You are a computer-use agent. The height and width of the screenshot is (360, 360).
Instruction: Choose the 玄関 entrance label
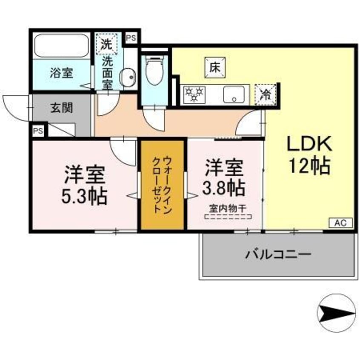[x=62, y=108]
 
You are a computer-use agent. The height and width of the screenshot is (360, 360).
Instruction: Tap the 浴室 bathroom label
[x=61, y=72]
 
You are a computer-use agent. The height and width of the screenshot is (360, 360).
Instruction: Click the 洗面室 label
[x=107, y=72]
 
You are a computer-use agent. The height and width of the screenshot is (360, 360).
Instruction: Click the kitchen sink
[x=234, y=94]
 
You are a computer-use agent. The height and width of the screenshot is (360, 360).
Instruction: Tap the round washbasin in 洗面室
[x=127, y=77]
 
